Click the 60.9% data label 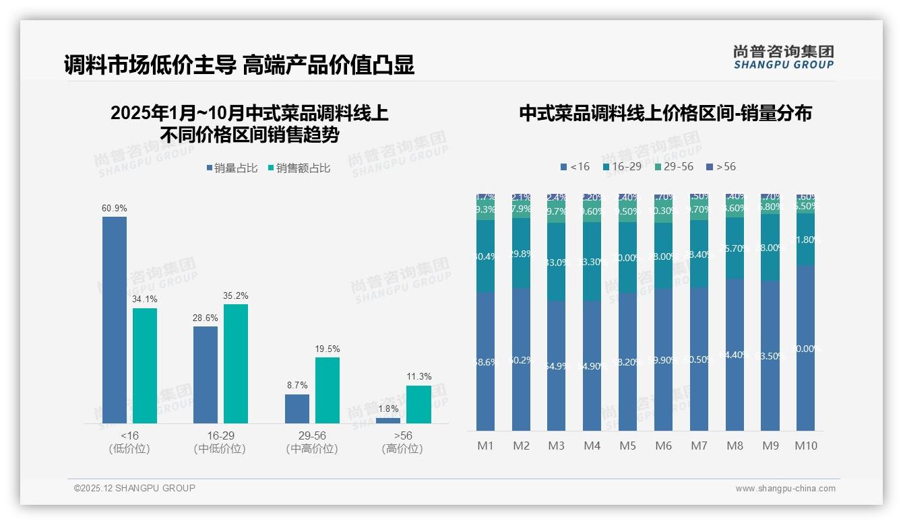pos(115,209)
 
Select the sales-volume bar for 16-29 pos(206,374)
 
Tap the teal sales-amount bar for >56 pos(418,404)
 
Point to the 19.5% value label pos(328,349)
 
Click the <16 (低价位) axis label pos(129,442)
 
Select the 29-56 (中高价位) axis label pos(312,442)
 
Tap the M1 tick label pos(485,446)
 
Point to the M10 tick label pos(806,446)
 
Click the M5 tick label pos(627,446)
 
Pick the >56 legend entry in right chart pos(721,167)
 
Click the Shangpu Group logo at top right pos(783,57)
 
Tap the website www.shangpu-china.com pos(785,489)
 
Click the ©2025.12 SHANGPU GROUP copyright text pos(135,489)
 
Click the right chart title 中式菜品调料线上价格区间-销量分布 pos(665,113)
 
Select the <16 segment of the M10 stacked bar pos(806,347)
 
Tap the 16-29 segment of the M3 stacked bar pos(556,261)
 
